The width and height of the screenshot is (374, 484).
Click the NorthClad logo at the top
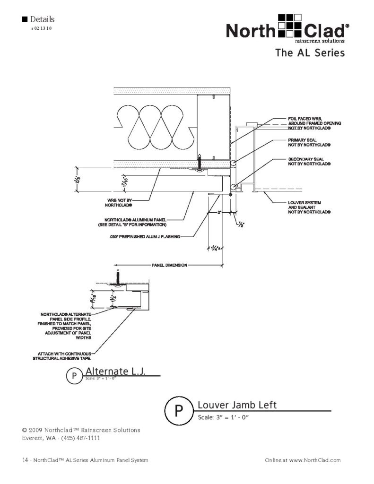[x=287, y=30]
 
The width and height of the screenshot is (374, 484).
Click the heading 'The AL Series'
[x=310, y=53]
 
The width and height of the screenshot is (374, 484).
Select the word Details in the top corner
[x=42, y=19]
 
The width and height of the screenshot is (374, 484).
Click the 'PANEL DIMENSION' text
[x=170, y=265]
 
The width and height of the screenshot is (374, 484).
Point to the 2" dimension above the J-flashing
[x=220, y=213]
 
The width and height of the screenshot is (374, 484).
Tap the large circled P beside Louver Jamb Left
[x=179, y=411]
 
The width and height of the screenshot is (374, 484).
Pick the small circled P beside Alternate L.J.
[x=73, y=376]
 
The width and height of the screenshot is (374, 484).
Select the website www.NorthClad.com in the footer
[x=314, y=460]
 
